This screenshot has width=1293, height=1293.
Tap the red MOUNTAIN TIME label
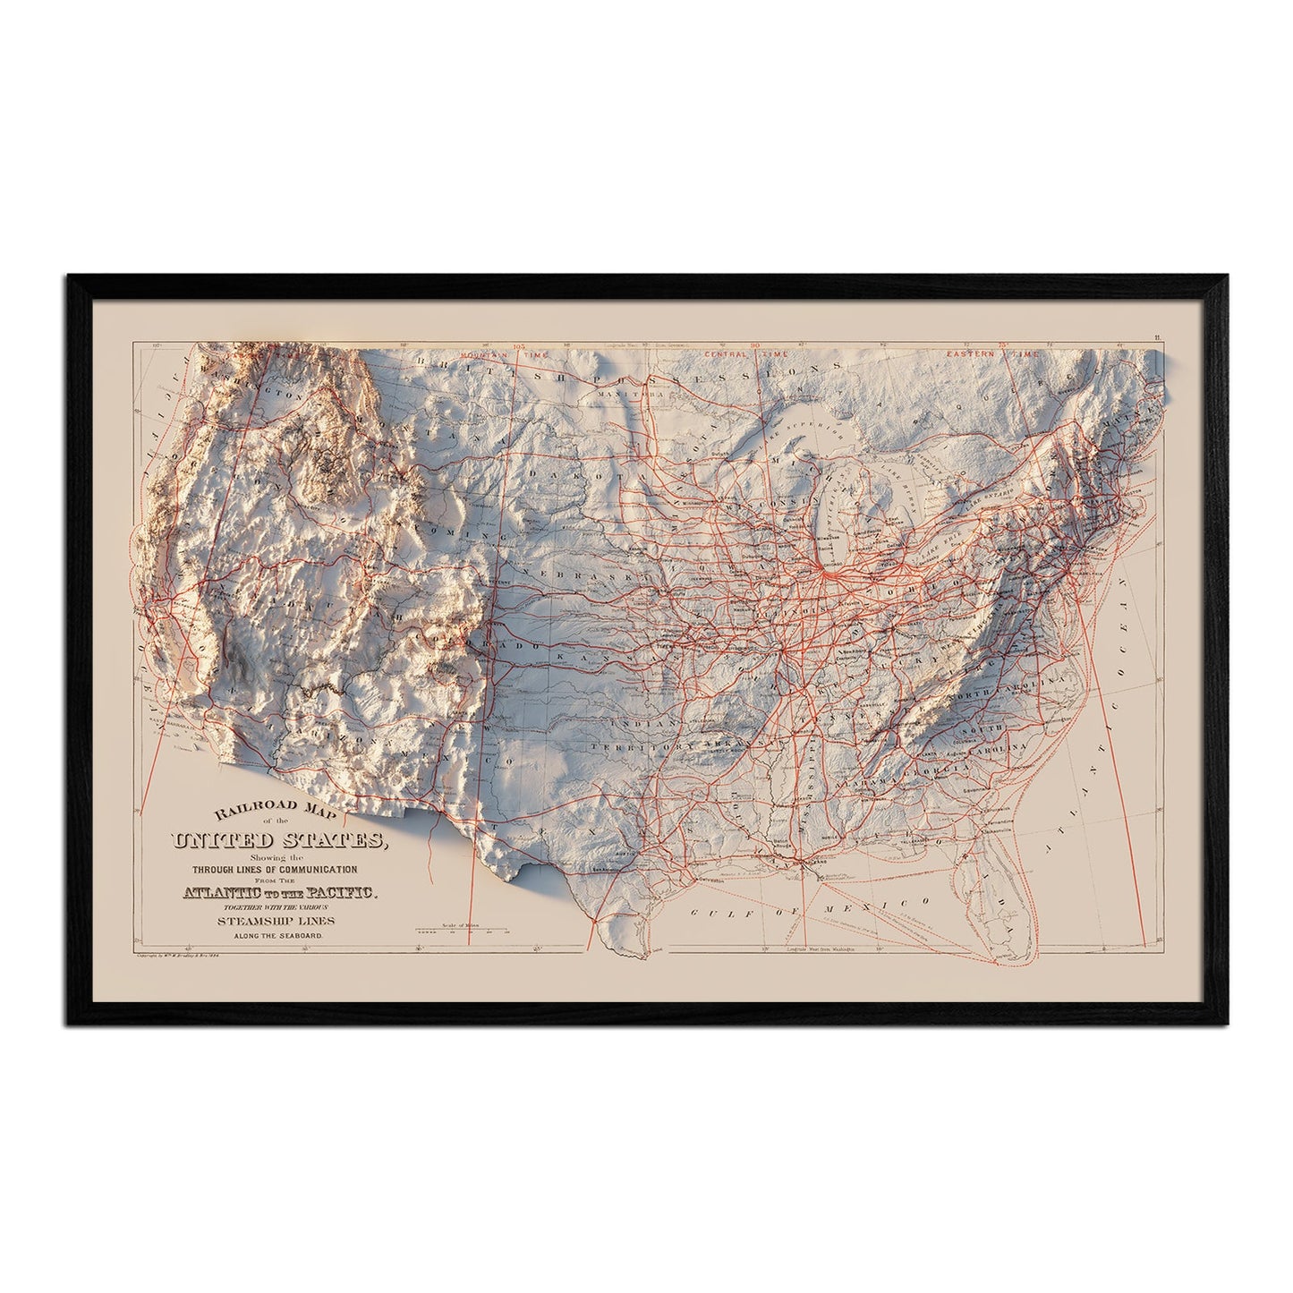(489, 355)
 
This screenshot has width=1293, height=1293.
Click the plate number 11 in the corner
(1156, 336)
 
